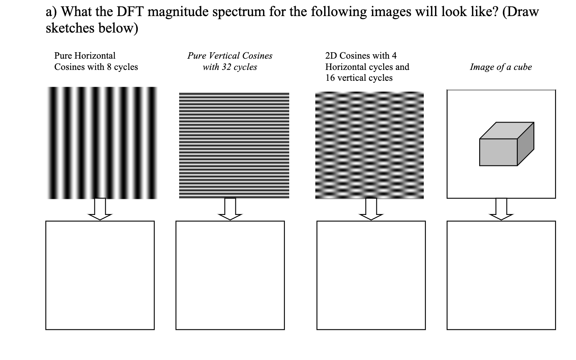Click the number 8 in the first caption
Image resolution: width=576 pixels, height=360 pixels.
click(109, 67)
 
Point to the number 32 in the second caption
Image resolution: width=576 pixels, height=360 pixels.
click(227, 67)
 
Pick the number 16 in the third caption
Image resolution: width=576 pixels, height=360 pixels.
click(330, 78)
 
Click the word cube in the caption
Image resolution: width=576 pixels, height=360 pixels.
click(523, 67)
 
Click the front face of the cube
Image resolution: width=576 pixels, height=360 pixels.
click(498, 152)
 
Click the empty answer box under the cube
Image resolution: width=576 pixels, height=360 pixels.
click(501, 275)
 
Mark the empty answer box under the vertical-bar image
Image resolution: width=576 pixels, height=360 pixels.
click(100, 275)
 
